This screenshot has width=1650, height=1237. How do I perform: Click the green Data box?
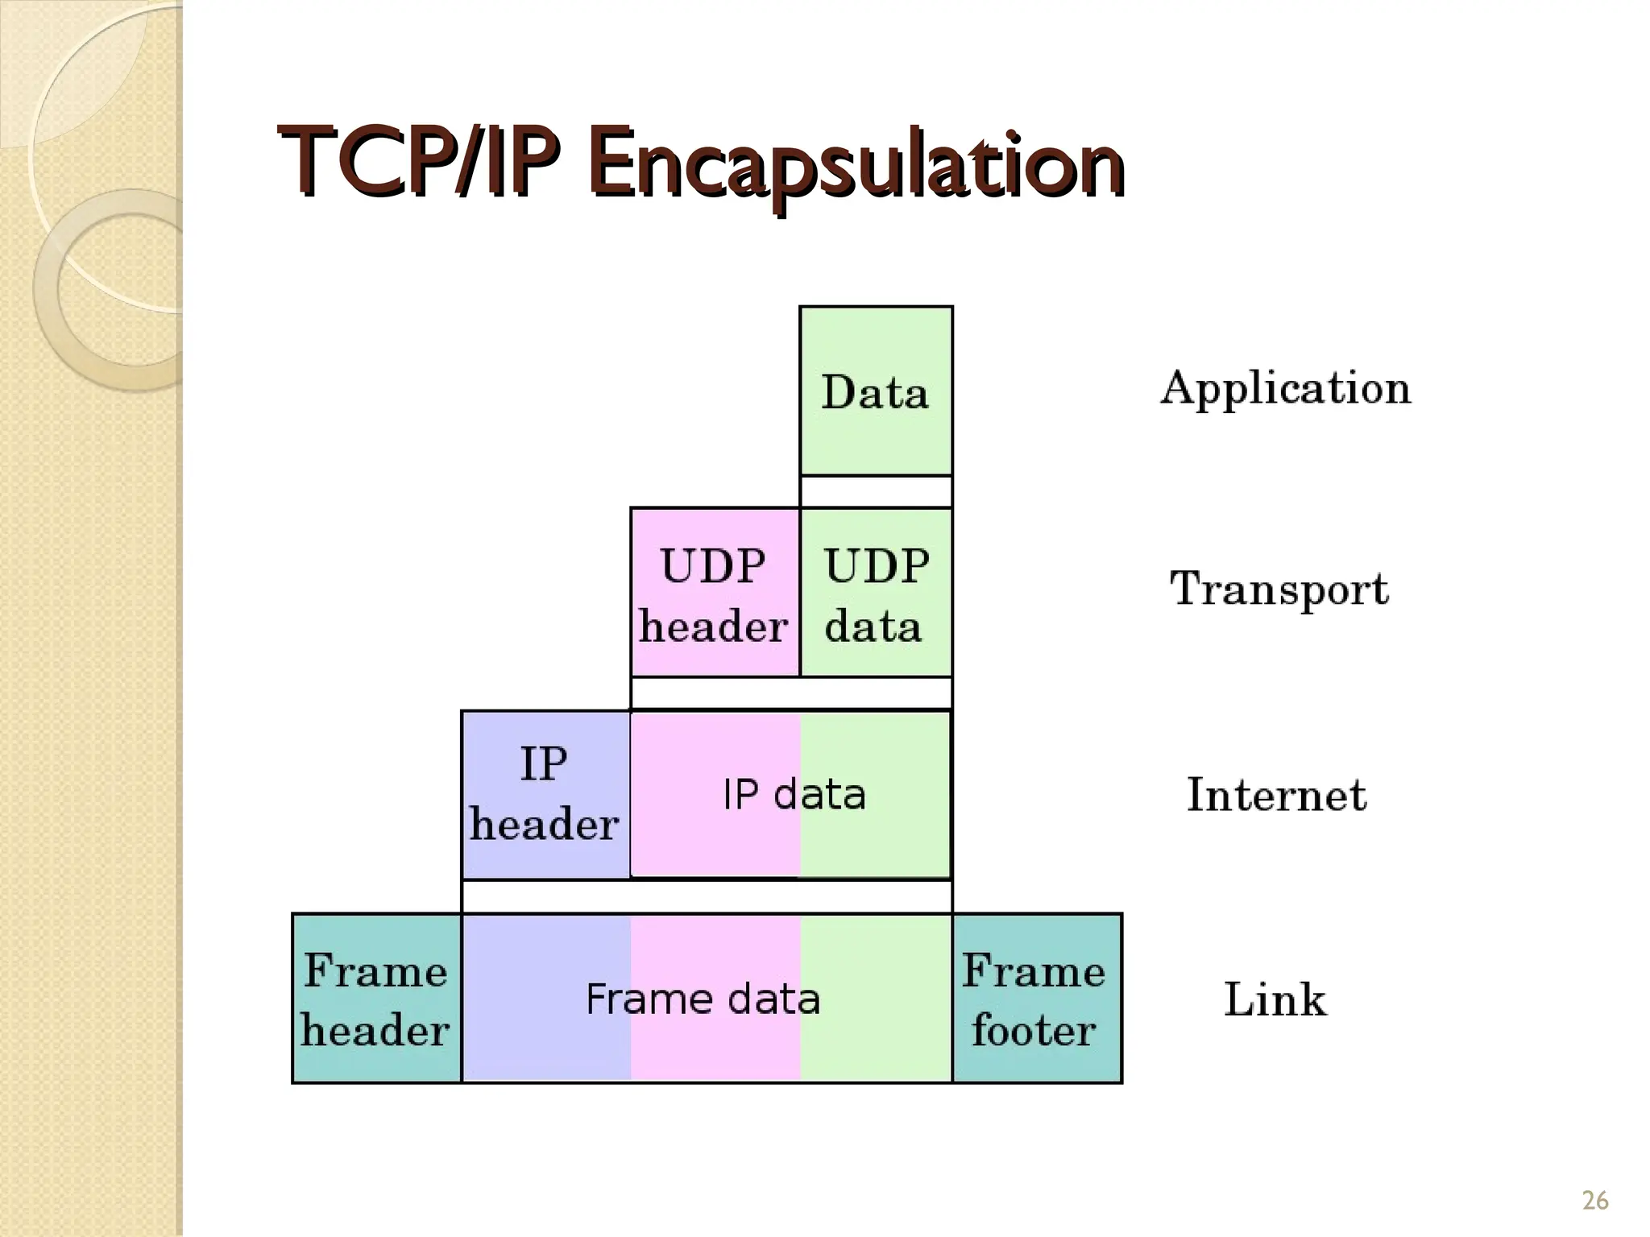(x=876, y=391)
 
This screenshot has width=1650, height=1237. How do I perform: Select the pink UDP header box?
(x=714, y=594)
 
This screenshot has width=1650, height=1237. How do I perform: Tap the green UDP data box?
(x=876, y=594)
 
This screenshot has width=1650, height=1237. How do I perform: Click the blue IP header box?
(x=545, y=795)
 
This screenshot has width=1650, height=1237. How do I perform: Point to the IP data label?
(x=794, y=795)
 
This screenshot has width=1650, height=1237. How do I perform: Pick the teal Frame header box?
(x=376, y=999)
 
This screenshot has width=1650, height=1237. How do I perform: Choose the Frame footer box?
(x=1036, y=999)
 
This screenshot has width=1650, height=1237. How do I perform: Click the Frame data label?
(x=703, y=999)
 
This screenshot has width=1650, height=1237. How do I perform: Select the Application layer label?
(x=1285, y=389)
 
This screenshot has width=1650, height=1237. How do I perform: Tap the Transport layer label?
(x=1279, y=589)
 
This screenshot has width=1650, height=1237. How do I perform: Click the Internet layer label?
(x=1277, y=795)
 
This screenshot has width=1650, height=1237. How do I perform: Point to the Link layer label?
(x=1275, y=999)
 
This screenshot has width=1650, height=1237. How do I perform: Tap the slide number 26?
(x=1595, y=1201)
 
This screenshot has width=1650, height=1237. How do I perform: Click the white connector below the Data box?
(x=876, y=491)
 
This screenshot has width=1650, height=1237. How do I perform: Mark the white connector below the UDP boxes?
(x=790, y=693)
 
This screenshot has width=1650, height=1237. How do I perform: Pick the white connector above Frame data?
(x=707, y=896)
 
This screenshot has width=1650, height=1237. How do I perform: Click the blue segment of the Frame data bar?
(x=546, y=1039)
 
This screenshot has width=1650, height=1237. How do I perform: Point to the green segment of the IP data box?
(x=894, y=838)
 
